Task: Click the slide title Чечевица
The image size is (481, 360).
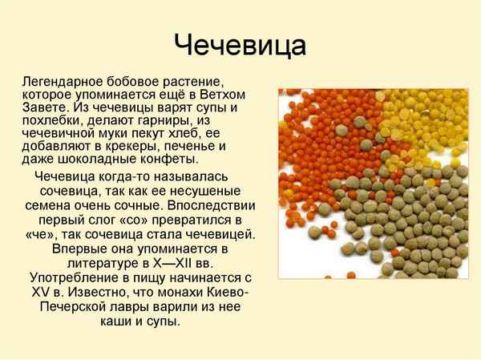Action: (240, 43)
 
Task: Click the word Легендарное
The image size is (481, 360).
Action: (65, 82)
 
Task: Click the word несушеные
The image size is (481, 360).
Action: (209, 192)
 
